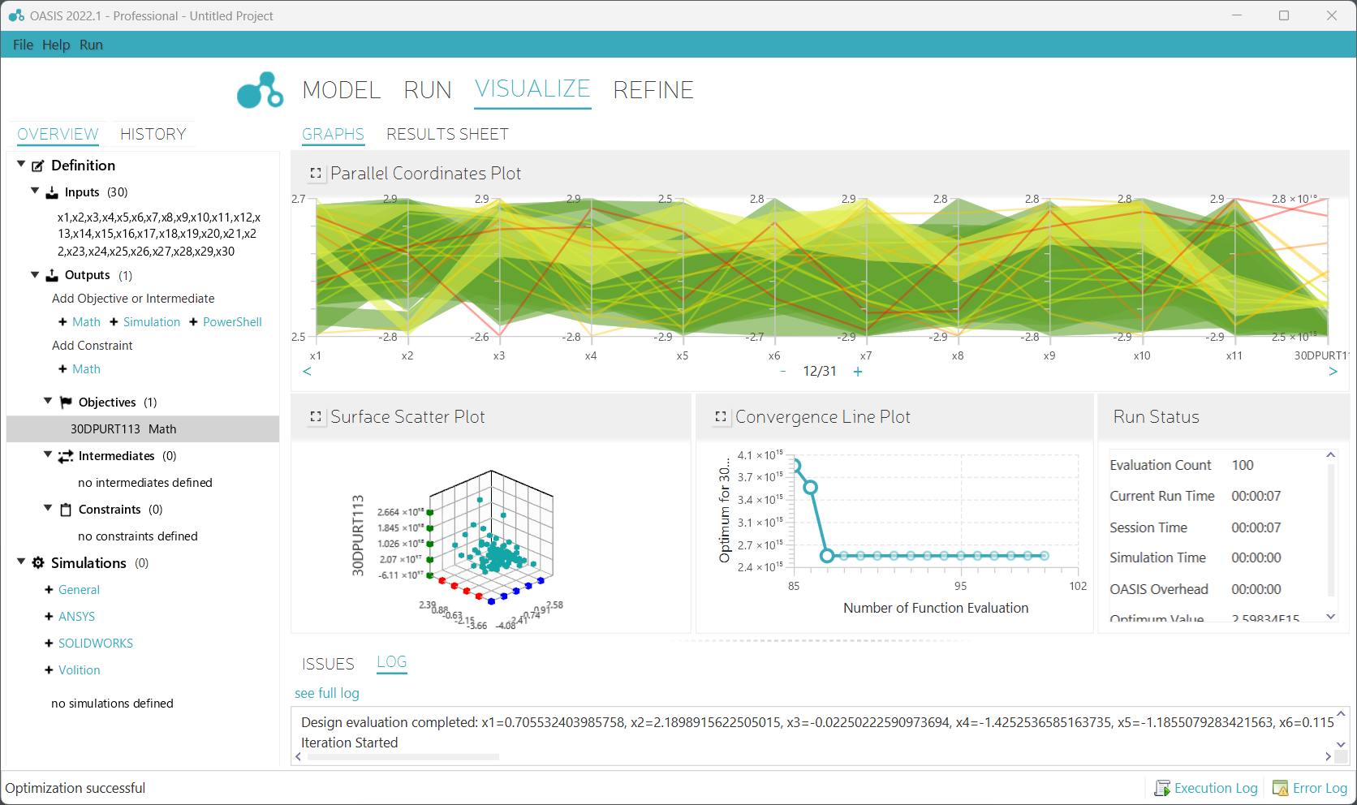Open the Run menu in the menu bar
(91, 45)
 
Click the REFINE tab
(653, 90)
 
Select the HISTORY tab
(153, 134)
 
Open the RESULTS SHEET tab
(447, 134)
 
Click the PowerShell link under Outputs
(232, 322)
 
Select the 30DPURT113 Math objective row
(123, 429)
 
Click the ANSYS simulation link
(76, 617)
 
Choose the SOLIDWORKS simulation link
(95, 644)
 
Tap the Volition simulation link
(79, 670)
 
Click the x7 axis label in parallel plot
(866, 355)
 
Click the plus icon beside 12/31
(858, 372)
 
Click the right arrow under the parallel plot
(1333, 372)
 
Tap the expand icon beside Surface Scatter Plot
(316, 417)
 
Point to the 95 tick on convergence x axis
(960, 586)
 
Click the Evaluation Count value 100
(1243, 465)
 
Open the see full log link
(326, 693)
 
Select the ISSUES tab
(328, 664)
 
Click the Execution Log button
(1207, 788)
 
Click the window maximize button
(1284, 15)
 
